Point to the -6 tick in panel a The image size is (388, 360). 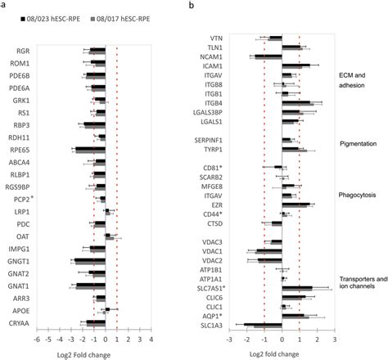point(37,339)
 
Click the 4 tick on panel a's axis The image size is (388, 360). point(151,339)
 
